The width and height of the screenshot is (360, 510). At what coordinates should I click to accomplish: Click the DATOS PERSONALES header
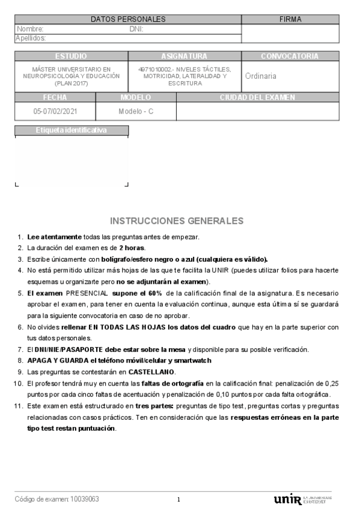[x=127, y=19]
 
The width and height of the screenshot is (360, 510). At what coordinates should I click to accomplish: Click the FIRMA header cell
[x=290, y=19]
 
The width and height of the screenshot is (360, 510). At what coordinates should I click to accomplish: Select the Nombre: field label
[x=30, y=29]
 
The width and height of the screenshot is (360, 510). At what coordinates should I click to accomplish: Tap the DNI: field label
[x=136, y=29]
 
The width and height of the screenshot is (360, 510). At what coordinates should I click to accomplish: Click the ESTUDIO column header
[x=71, y=56]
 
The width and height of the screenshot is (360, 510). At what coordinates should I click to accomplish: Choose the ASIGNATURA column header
[x=185, y=56]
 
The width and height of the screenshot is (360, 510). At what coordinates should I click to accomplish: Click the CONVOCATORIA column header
[x=290, y=56]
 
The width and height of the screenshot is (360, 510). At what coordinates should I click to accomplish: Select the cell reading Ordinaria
[x=261, y=76]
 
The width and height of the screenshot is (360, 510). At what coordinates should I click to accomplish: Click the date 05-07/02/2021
[x=55, y=111]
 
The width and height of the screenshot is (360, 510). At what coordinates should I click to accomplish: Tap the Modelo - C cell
[x=136, y=111]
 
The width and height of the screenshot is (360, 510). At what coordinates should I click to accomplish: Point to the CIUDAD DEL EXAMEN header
[x=257, y=97]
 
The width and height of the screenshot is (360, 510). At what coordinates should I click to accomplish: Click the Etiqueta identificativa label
[x=71, y=130]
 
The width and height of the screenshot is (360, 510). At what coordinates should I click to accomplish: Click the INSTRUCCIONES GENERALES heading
[x=177, y=221]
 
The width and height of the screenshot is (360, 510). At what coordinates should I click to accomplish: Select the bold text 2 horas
[x=132, y=248]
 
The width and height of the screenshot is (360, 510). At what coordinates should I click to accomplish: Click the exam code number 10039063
[x=85, y=499]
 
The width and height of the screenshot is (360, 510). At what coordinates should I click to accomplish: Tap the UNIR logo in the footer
[x=287, y=499]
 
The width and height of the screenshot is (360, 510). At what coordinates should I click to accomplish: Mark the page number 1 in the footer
[x=178, y=499]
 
